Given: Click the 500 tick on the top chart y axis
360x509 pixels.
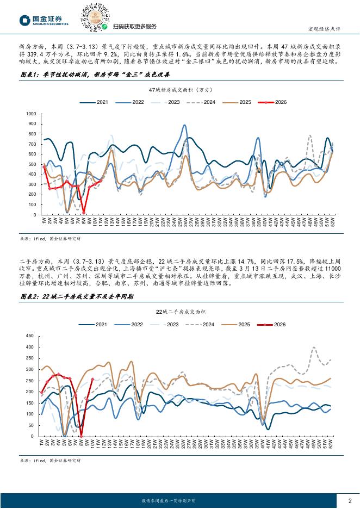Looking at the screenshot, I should click(x=32, y=164).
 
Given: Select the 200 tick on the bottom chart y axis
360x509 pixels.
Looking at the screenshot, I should click(x=32, y=391).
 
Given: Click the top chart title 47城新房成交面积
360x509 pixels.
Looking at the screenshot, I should click(x=179, y=89).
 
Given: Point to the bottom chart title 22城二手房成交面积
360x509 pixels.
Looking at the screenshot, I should click(x=179, y=312).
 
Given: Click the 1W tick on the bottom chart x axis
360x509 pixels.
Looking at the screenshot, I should click(x=42, y=443).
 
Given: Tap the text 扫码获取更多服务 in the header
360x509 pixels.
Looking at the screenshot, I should click(x=134, y=27).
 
